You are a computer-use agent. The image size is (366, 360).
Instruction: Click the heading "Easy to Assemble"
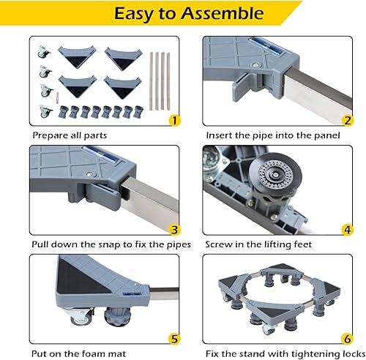click(182, 13)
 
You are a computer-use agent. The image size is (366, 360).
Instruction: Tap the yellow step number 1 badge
click(173, 119)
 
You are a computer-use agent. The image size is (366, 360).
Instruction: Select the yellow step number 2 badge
click(347, 119)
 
